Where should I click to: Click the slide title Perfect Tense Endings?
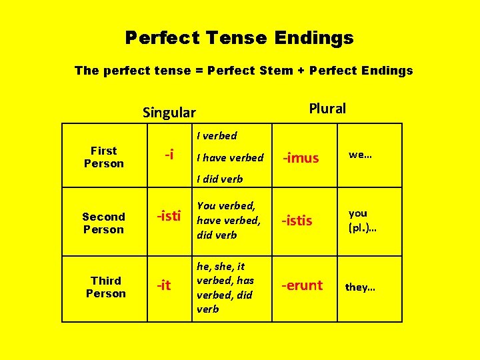click(239, 38)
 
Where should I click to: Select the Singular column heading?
click(169, 113)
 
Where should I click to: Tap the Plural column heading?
click(327, 108)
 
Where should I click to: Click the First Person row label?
click(104, 157)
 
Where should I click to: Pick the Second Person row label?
click(103, 223)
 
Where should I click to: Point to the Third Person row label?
click(106, 287)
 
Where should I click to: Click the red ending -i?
click(170, 155)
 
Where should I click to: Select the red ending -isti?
click(169, 216)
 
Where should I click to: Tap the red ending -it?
click(163, 286)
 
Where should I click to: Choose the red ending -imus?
click(301, 159)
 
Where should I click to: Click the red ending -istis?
click(297, 221)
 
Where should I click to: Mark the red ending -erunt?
click(302, 285)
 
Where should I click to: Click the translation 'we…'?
click(360, 155)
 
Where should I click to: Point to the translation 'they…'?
click(360, 288)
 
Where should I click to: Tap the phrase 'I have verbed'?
click(230, 158)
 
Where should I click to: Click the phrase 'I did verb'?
click(220, 179)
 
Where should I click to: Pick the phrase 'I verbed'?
click(217, 136)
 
